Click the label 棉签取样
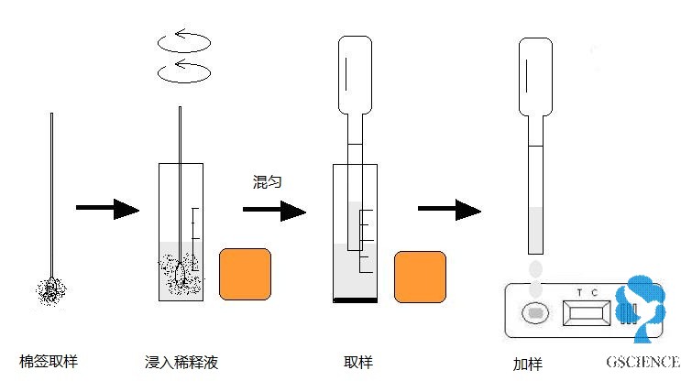point(49,361)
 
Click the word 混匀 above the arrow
point(267,181)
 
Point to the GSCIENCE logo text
point(642,362)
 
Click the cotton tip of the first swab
point(51,290)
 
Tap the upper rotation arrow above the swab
point(184,42)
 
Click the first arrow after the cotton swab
point(106,210)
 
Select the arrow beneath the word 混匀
point(274,211)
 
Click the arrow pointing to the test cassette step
point(449,210)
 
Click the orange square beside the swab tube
point(245,273)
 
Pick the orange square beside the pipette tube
point(421,278)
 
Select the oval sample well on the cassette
point(534,313)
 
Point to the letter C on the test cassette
point(596,292)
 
